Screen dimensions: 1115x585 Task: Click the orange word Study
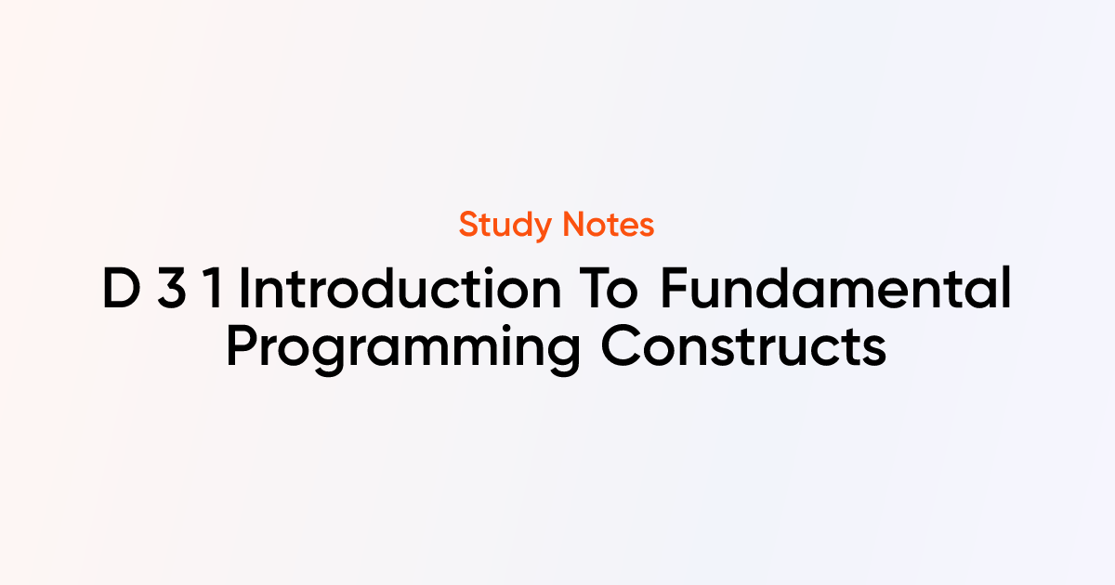click(x=505, y=226)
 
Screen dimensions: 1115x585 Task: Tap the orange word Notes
click(x=609, y=225)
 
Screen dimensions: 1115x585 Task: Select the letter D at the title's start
click(x=122, y=288)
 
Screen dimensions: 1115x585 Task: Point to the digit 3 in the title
click(x=172, y=288)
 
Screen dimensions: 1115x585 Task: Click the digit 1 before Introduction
click(x=214, y=288)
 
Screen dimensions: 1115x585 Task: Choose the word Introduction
click(x=400, y=288)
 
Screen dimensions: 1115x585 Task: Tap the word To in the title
click(x=609, y=288)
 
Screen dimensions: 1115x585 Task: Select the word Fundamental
click(x=835, y=288)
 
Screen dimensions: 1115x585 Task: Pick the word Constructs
click(x=743, y=346)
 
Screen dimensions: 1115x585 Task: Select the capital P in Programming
click(x=243, y=346)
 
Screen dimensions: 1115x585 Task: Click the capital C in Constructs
click(x=621, y=346)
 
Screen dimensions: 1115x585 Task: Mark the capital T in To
click(x=595, y=288)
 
